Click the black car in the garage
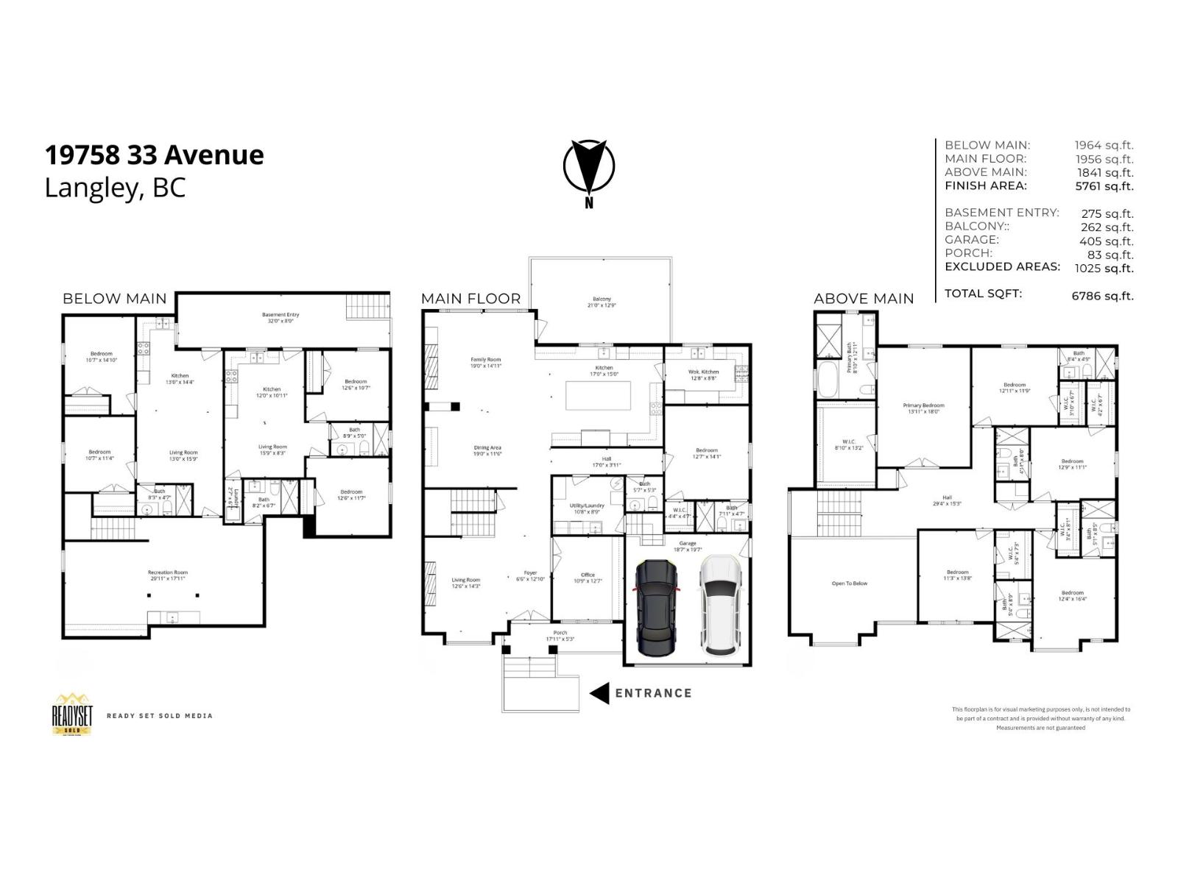coord(656,608)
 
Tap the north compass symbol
coord(589,169)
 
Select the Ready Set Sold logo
coord(72,714)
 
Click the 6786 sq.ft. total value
coord(1102,296)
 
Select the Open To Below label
coord(850,584)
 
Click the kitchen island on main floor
coord(598,396)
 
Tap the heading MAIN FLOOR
coord(470,299)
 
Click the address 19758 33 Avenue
coord(155,155)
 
